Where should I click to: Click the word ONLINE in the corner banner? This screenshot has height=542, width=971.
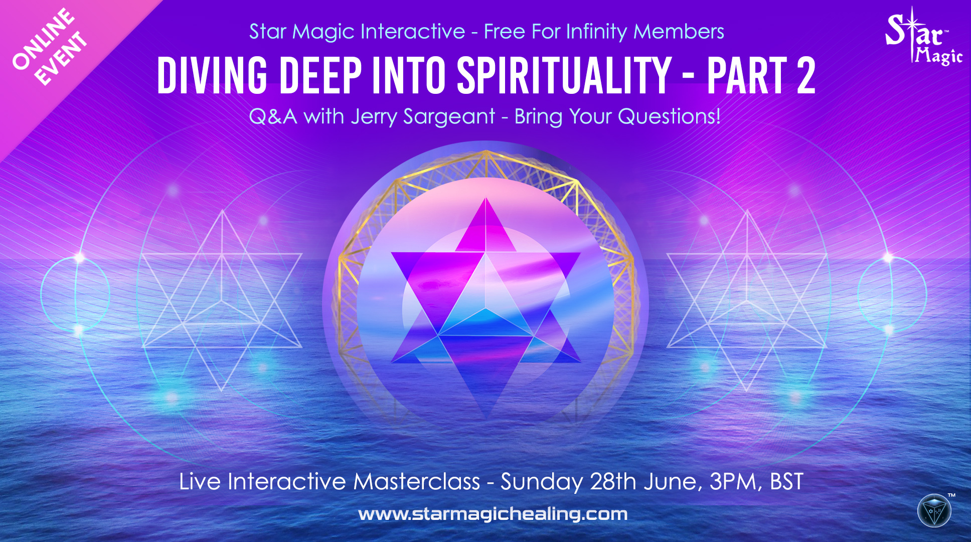(43, 39)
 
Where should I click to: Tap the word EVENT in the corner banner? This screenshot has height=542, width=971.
(61, 58)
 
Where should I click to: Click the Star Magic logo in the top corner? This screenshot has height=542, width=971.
(923, 37)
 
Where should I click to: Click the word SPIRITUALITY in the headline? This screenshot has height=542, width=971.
(564, 75)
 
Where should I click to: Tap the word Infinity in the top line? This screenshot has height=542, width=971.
(596, 32)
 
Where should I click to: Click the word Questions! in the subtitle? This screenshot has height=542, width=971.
(669, 117)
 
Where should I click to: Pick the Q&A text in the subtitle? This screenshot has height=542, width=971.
(273, 117)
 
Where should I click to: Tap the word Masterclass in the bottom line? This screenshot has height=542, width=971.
(417, 482)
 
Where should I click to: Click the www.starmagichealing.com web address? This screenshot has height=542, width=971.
(493, 514)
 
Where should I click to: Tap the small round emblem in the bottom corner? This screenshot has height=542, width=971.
(934, 511)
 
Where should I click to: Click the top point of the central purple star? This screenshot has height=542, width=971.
(485, 198)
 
